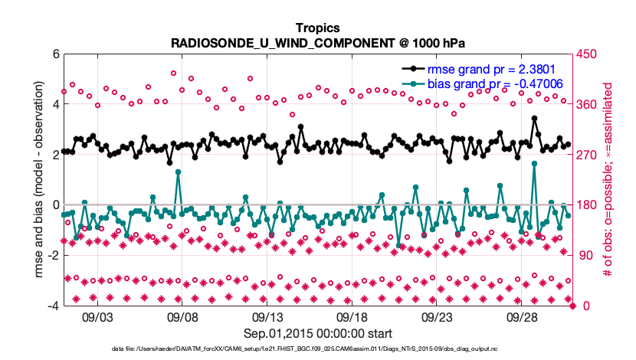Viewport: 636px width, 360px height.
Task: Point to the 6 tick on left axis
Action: (54, 54)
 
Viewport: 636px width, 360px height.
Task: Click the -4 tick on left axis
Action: (51, 306)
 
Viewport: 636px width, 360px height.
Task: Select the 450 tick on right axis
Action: (588, 54)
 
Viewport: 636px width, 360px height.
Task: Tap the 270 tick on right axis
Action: (588, 155)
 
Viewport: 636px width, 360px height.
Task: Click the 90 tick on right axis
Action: (585, 255)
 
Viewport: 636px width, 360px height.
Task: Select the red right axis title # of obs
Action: (609, 180)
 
